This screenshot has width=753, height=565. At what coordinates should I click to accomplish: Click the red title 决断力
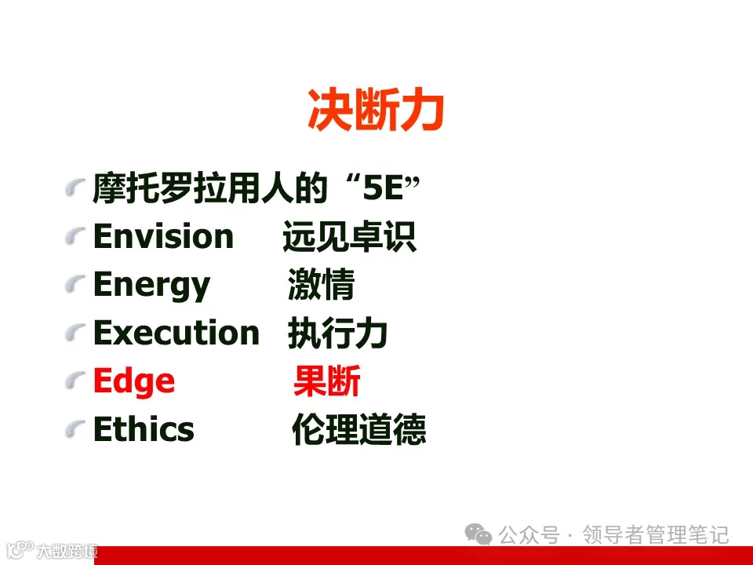[376, 111]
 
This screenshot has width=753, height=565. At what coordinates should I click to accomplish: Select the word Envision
[163, 237]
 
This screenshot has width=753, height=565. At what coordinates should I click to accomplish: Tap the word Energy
[151, 286]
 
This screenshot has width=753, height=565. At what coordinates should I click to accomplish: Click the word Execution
[176, 334]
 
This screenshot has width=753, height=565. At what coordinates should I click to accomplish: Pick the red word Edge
[133, 382]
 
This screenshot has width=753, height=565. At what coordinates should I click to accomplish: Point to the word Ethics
[144, 430]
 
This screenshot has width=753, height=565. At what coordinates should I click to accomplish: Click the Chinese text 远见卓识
[349, 237]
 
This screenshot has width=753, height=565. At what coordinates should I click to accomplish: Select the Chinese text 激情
[321, 286]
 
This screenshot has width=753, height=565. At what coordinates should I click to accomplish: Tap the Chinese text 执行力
[337, 334]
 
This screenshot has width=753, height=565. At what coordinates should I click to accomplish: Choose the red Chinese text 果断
[326, 382]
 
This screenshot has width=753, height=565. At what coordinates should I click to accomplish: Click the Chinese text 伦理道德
[358, 430]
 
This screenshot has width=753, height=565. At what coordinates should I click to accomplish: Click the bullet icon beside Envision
[75, 237]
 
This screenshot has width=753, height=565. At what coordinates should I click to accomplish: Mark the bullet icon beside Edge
[75, 382]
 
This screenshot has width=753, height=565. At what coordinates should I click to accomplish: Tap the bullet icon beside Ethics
[75, 430]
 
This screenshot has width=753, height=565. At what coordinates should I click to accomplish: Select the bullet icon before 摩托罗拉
[75, 189]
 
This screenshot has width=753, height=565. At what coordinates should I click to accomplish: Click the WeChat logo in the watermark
[478, 534]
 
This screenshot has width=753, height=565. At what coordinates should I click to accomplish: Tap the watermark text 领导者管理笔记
[655, 535]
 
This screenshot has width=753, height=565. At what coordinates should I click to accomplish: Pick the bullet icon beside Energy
[75, 286]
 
